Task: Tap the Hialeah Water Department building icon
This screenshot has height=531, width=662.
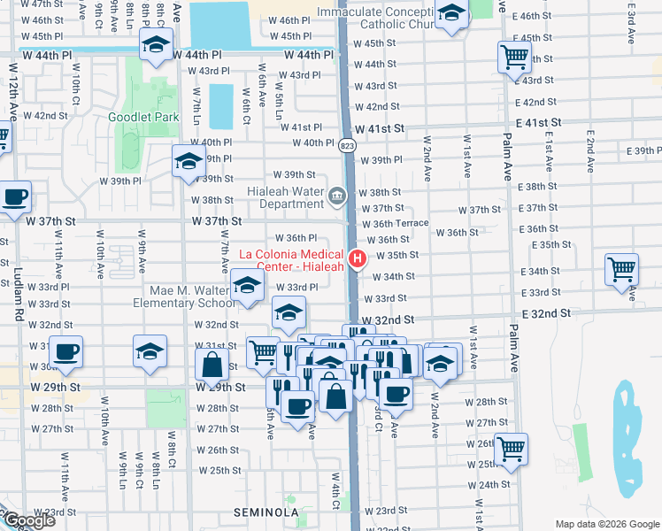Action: pyautogui.click(x=337, y=196)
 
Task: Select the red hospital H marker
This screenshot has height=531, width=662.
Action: pyautogui.click(x=358, y=258)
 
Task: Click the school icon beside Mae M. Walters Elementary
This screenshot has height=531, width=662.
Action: pyautogui.click(x=247, y=286)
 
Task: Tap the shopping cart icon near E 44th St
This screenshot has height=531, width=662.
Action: pyautogui.click(x=514, y=58)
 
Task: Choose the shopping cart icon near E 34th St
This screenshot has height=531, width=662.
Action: pyautogui.click(x=622, y=269)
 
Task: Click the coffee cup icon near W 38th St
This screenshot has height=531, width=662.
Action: pyautogui.click(x=14, y=197)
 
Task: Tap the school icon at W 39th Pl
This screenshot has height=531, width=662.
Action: pyautogui.click(x=189, y=162)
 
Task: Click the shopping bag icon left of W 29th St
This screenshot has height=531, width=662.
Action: pyautogui.click(x=212, y=364)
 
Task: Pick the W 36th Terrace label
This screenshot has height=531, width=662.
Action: pyautogui.click(x=401, y=224)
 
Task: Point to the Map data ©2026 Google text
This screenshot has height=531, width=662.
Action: pyautogui.click(x=606, y=524)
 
